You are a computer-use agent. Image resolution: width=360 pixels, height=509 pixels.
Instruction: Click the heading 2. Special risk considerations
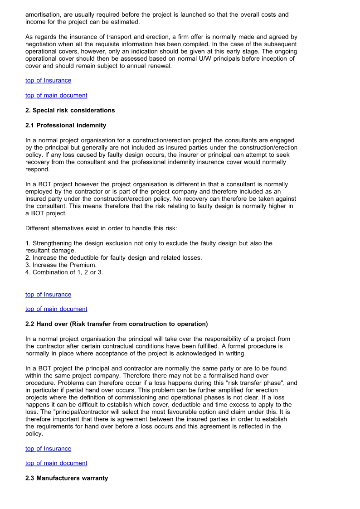[70, 110]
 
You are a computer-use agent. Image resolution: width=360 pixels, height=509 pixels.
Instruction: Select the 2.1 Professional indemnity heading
[66, 125]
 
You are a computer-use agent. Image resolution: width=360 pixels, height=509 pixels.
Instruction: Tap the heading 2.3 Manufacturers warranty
[67, 478]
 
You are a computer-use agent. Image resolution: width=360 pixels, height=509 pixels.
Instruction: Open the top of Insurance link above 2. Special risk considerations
[48, 80]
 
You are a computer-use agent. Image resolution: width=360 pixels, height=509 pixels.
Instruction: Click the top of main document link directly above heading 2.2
[56, 309]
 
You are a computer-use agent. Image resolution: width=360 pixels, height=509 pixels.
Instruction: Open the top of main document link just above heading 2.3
[56, 463]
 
